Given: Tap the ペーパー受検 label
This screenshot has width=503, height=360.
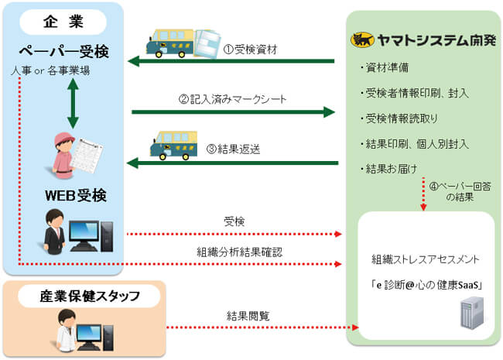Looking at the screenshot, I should coord(63,52).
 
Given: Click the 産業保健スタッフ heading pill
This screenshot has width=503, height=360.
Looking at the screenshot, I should coord(85,297).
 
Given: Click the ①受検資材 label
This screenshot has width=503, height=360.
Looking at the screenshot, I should coord(250,48).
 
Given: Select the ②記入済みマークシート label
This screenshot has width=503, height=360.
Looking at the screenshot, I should coord(232,98).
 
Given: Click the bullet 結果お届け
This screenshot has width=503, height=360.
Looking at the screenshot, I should coord(388,169).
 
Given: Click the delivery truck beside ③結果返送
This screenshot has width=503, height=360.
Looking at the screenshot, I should coord(173,146).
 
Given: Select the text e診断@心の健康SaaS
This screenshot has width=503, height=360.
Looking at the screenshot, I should coord(426,285).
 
